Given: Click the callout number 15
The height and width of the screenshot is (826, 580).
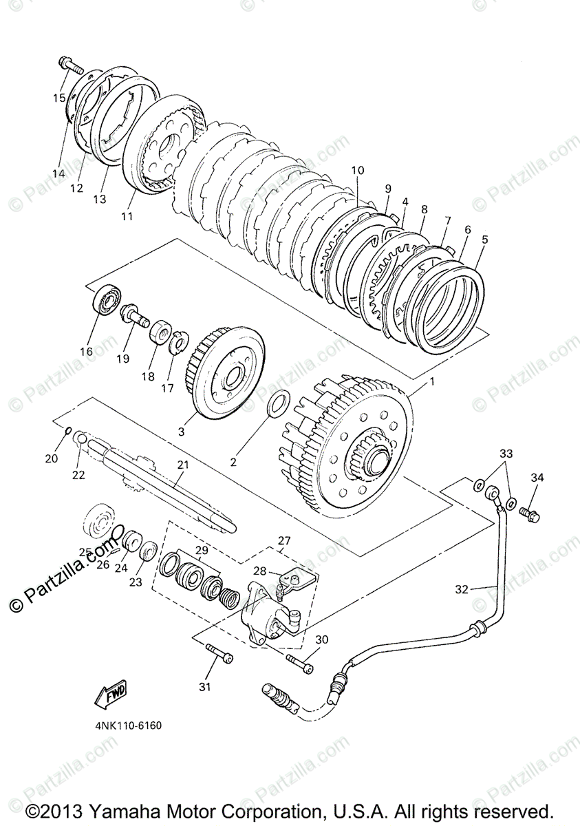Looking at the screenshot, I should click(59, 98).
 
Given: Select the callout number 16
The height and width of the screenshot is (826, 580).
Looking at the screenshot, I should click(86, 351).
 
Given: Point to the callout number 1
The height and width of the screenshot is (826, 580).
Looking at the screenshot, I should click(432, 381).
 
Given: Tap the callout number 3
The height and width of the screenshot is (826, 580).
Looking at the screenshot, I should click(182, 432).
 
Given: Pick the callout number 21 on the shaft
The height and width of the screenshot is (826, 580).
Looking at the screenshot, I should click(182, 465).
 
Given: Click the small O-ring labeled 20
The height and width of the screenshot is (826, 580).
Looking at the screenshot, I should click(69, 431).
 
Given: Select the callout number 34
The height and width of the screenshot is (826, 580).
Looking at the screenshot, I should click(537, 478).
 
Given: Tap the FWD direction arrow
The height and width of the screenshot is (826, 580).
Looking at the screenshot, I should click(110, 696).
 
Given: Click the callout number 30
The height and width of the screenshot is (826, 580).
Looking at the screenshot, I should click(321, 639).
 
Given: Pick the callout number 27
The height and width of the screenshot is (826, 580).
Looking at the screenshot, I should click(285, 540).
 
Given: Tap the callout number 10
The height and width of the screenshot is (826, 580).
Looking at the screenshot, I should click(356, 170).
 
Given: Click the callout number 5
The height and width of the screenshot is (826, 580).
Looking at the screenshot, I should click(485, 240).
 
